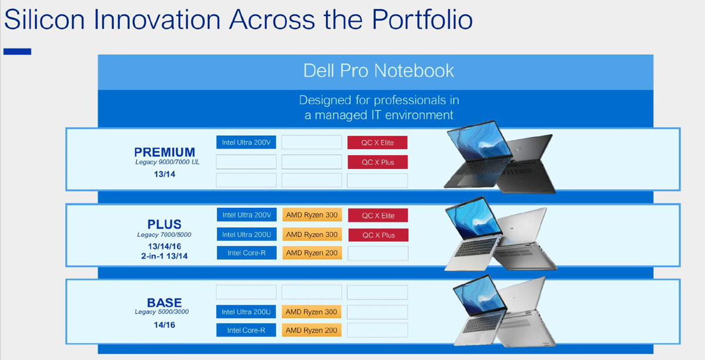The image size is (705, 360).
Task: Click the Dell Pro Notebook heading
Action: pos(378,70)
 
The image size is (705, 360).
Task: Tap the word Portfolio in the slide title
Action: pos(422,19)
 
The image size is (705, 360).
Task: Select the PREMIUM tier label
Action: pos(164,152)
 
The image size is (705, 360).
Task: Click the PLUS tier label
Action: pos(164,224)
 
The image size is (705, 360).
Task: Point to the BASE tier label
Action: pos(164,302)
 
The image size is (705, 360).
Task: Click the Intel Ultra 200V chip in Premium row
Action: pos(246,142)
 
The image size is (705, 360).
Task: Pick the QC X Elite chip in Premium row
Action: pos(377,143)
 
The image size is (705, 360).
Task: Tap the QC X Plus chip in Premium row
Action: pos(378,162)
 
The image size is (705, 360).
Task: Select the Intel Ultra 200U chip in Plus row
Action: pos(246,234)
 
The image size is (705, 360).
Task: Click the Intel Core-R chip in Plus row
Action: pos(246,253)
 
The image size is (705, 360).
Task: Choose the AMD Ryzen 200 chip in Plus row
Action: pos(312,253)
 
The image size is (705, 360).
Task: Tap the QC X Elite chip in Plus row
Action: pos(378,216)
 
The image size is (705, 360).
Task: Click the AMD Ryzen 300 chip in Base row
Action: pos(311,312)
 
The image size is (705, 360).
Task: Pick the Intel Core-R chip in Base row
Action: pos(246,330)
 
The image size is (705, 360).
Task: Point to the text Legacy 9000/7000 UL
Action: pos(167,162)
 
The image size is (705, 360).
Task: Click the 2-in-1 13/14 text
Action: pos(164,256)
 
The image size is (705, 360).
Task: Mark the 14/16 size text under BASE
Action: pos(164,325)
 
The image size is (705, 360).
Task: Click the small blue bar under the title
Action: pos(17,51)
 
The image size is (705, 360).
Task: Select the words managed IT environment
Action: pos(384,115)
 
